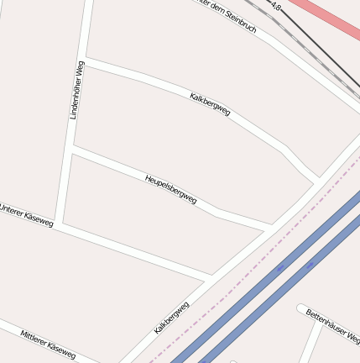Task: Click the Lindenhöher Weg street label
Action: [x=76, y=90]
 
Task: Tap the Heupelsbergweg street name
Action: [x=170, y=189]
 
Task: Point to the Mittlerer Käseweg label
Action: [x=48, y=344]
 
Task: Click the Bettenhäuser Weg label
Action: [x=332, y=326]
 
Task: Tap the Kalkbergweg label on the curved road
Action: [x=210, y=103]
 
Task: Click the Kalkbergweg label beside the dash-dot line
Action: [x=171, y=318]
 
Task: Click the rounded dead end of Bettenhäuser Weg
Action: [x=302, y=309]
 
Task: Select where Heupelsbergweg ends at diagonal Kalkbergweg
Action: [x=270, y=227]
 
